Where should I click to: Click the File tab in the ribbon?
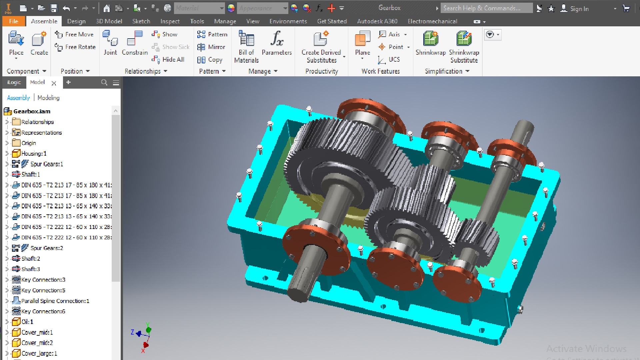tap(14, 21)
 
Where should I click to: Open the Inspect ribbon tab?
tap(170, 21)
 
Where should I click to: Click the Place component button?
tap(16, 43)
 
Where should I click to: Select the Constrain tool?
tap(135, 43)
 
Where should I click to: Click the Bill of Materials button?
tap(246, 47)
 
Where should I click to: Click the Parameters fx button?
tap(277, 43)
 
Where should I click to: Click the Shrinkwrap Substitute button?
tap(464, 47)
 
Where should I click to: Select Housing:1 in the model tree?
tap(34, 153)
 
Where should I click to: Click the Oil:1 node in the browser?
tap(27, 322)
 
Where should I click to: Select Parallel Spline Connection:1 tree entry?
tap(55, 301)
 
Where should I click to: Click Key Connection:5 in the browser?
tap(43, 290)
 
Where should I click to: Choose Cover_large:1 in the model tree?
tap(39, 353)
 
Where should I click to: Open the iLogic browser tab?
tap(14, 82)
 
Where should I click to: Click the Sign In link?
tap(579, 9)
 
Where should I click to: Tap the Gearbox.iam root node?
tap(32, 111)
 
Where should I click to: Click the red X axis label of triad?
tap(143, 351)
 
